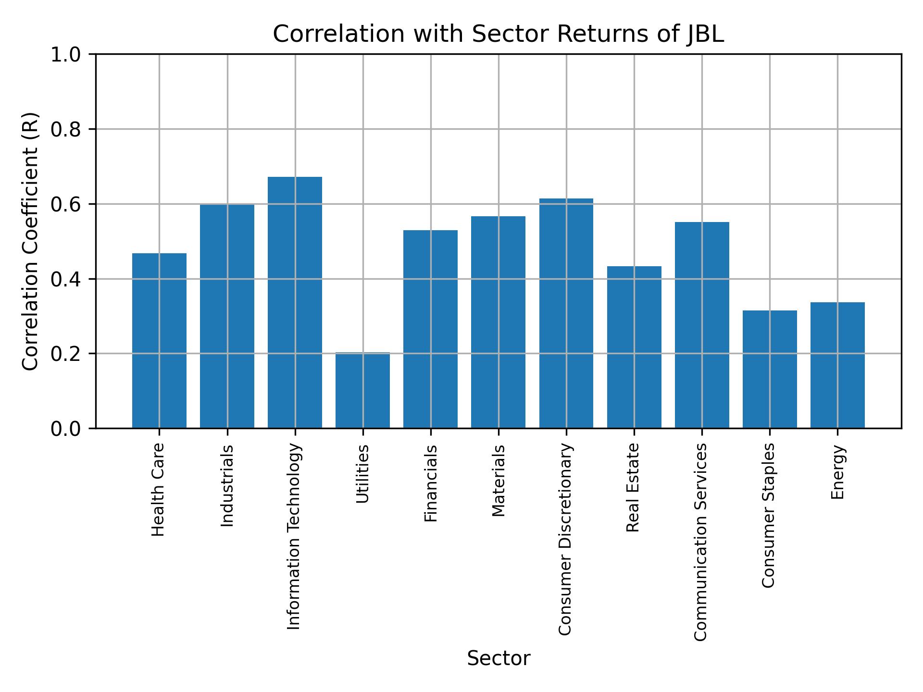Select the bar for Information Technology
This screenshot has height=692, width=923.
295,303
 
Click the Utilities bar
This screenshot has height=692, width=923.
362,390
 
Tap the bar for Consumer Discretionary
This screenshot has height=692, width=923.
566,313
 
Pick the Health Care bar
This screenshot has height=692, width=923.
159,341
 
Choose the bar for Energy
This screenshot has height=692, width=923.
837,365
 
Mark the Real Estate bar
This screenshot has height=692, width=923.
634,347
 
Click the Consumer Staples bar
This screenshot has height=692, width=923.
770,369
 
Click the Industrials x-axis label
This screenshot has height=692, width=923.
227,485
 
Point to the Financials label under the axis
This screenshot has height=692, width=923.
431,483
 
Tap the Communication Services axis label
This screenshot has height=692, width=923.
701,542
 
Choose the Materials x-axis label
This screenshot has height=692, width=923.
499,481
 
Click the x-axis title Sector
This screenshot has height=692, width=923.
499,658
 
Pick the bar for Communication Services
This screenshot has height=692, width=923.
702,325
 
